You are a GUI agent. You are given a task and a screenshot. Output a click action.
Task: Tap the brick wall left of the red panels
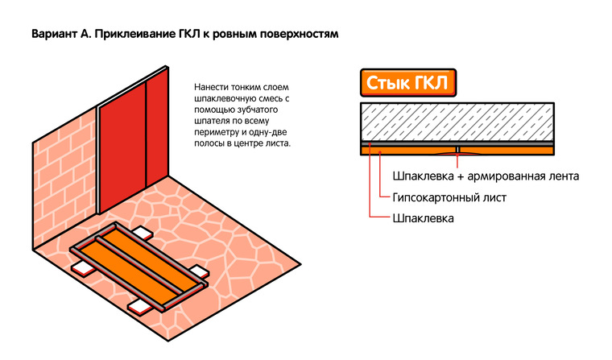pyautogui.click(x=64, y=177)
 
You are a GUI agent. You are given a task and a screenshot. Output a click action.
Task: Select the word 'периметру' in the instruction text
pyautogui.click(x=217, y=131)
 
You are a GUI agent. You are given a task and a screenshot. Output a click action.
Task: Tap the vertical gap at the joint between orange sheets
pyautogui.click(x=457, y=150)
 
